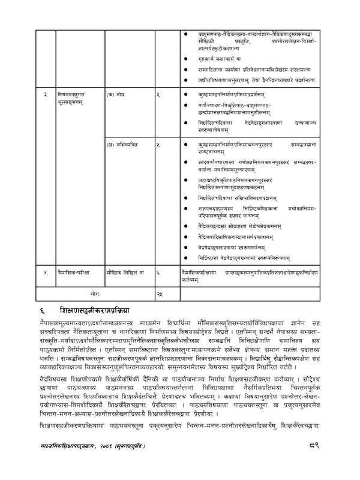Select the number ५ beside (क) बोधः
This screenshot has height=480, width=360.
[158, 95]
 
